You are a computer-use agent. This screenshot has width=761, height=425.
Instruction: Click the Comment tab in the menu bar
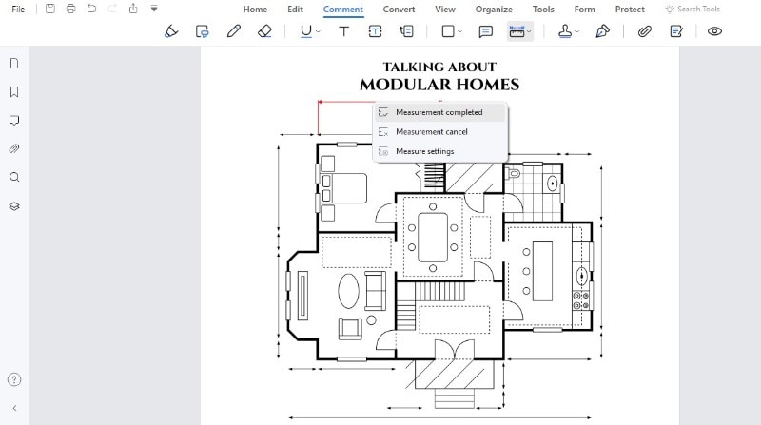[343, 10]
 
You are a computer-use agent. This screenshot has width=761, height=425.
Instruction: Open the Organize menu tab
[494, 10]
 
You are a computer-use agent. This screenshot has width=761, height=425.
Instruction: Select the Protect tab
[630, 10]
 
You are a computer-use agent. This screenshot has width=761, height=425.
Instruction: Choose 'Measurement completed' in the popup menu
[439, 112]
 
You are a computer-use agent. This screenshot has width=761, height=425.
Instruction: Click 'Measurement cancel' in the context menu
[432, 131]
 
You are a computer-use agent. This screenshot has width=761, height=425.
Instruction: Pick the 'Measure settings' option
[424, 151]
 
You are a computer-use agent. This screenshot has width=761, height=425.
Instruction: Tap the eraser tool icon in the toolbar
[264, 31]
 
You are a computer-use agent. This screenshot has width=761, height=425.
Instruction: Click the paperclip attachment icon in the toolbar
[645, 31]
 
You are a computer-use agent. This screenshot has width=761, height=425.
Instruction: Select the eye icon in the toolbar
[714, 31]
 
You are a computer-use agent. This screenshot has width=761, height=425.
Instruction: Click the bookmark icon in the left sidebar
[14, 92]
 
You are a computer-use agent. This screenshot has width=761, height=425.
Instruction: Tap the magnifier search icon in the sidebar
[14, 177]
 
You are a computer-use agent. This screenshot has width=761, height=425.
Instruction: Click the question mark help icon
[14, 379]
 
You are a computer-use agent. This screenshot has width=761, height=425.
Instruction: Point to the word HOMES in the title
[488, 85]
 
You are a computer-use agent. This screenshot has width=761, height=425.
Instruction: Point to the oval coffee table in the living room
[348, 291]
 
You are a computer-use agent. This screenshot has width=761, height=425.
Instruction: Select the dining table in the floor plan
[433, 238]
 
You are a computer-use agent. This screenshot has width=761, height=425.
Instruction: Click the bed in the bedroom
[343, 187]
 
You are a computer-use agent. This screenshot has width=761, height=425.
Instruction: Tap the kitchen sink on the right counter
[581, 277]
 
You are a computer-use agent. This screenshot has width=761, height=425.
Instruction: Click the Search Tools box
[693, 10]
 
